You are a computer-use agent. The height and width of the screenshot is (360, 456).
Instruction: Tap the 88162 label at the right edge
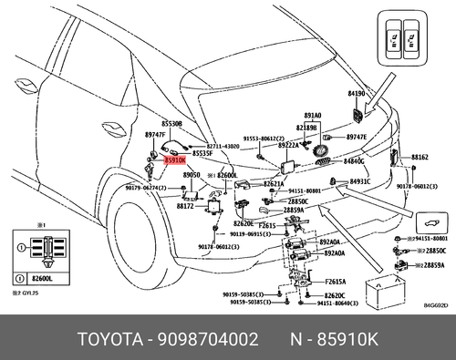point(420,158)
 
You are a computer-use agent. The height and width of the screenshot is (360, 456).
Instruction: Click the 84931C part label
point(360,181)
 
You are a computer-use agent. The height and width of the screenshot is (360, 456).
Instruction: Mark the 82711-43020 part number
point(223,145)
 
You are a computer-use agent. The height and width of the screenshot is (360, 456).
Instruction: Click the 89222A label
point(289,144)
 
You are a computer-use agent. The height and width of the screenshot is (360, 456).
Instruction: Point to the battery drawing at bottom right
point(383,292)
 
